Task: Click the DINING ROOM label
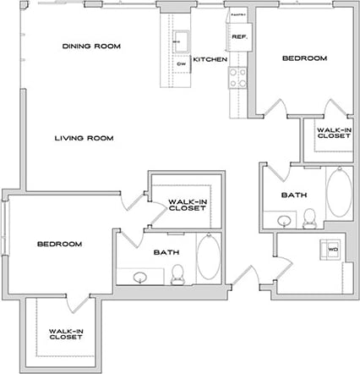click(x=90, y=46)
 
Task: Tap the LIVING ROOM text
click(x=85, y=138)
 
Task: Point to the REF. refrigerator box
click(x=237, y=37)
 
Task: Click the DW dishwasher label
click(x=181, y=63)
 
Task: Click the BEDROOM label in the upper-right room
click(x=303, y=58)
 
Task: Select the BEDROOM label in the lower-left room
click(x=59, y=244)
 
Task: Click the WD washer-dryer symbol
click(x=332, y=250)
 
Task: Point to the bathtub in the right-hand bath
click(x=341, y=193)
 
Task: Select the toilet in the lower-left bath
click(x=177, y=273)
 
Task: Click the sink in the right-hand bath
click(x=284, y=222)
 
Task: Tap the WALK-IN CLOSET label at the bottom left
click(x=65, y=333)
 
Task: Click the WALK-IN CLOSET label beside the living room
click(x=188, y=204)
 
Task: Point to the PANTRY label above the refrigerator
click(x=237, y=16)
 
